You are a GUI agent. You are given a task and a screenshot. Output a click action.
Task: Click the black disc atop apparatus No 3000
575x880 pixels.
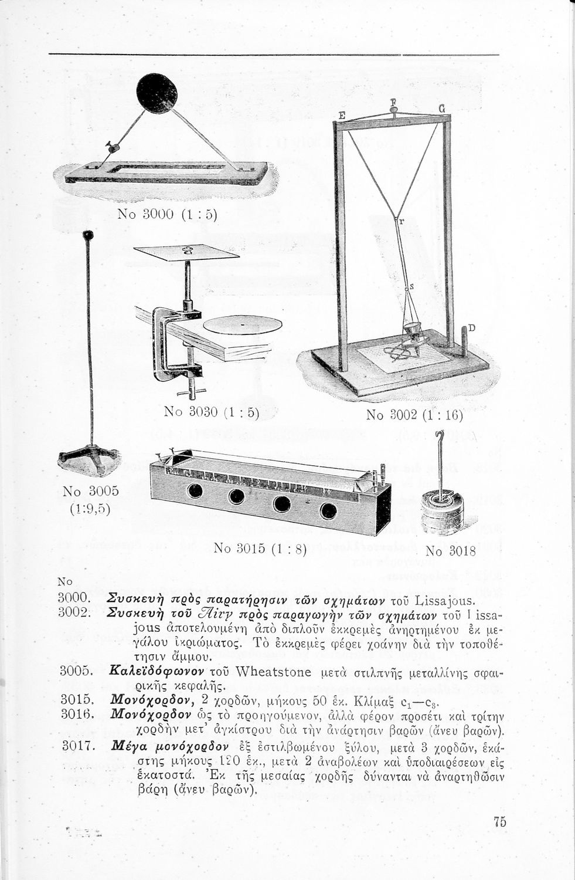156,93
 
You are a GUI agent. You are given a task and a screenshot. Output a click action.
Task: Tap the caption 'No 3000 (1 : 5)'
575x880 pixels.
168,214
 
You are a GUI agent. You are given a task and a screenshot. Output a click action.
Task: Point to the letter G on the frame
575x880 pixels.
441,109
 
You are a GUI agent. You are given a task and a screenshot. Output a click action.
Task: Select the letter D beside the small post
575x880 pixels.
471,327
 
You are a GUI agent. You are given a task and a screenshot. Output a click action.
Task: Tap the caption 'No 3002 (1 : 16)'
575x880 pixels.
414,415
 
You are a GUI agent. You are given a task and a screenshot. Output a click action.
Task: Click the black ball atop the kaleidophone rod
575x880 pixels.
88,236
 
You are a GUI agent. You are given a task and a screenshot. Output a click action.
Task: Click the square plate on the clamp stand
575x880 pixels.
186,252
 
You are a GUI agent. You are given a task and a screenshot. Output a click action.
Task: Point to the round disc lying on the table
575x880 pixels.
242,324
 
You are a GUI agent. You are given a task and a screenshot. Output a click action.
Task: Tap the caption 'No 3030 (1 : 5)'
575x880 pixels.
212,412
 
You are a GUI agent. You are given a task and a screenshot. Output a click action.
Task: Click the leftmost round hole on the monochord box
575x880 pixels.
195,491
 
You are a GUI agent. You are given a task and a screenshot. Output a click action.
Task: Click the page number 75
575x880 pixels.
499,821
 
